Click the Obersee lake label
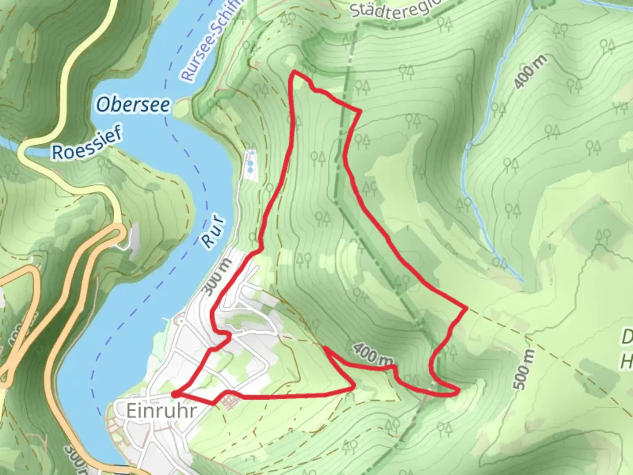[x=133, y=105]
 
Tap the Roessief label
[x=87, y=144]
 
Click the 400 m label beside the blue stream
[x=531, y=72]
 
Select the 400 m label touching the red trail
[x=372, y=354]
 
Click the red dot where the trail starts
[x=175, y=395]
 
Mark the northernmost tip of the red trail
[x=294, y=71]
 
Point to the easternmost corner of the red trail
[x=466, y=309]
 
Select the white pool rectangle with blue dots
[x=251, y=165]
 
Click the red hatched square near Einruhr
[x=228, y=400]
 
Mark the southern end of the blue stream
[x=523, y=281]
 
